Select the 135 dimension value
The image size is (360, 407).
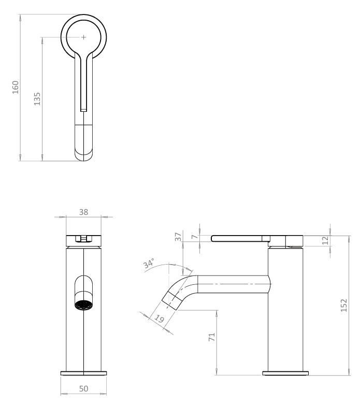pos(37,98)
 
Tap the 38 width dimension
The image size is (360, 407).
pos(83,212)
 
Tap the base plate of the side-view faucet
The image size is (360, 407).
pos(286,372)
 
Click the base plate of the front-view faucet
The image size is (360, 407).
pos(84,372)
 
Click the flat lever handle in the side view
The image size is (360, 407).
pos(238,238)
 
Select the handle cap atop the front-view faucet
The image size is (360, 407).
pos(83,239)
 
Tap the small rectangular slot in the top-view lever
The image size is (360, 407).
pos(83,108)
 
